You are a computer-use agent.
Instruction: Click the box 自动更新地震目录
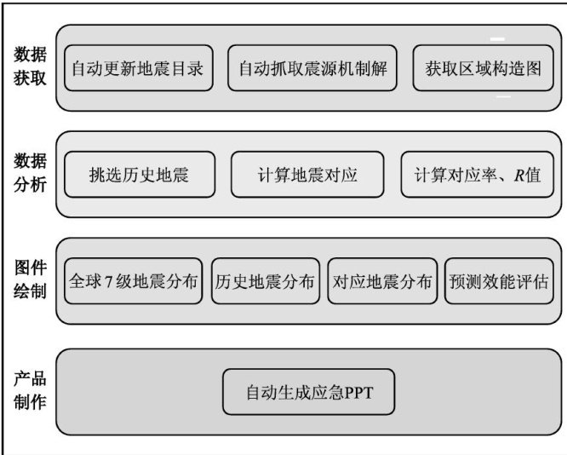point(137,67)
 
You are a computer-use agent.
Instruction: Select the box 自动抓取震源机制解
point(313,67)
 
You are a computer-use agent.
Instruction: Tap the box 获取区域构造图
point(483,67)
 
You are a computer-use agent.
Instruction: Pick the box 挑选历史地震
point(138,176)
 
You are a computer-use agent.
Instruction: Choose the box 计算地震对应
point(307,176)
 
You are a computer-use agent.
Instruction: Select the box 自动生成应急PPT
point(310,393)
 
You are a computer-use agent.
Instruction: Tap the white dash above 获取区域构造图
point(497,38)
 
